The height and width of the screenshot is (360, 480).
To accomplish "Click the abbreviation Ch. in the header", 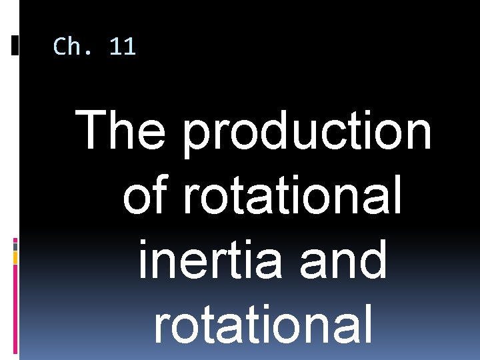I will [x=77, y=47].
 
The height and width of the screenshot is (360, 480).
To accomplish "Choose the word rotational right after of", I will [x=292, y=197].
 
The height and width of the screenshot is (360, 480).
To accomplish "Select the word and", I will [x=343, y=261].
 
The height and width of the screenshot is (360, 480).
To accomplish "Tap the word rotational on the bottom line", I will [x=263, y=325].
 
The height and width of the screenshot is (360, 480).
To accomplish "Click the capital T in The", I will [x=93, y=131].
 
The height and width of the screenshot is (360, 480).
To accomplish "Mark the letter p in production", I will [x=197, y=136].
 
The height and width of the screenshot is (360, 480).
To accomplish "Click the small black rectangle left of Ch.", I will [x=15, y=45].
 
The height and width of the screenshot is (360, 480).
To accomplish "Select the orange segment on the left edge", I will [x=15, y=257].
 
